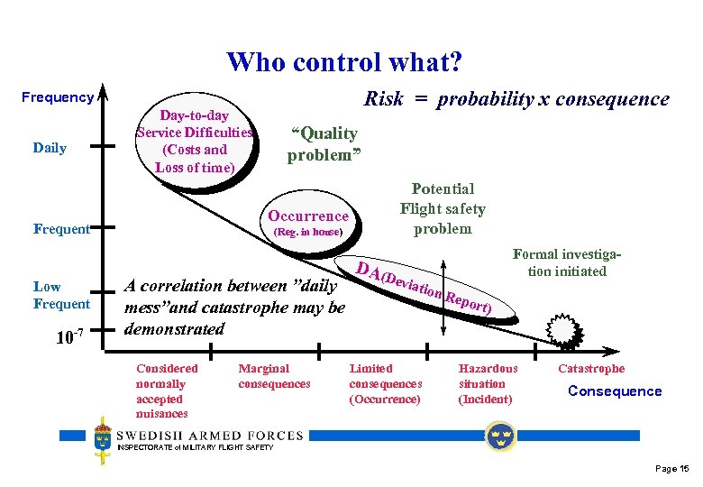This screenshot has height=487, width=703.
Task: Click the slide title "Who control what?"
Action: (345, 62)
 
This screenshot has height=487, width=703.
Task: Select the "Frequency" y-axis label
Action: (58, 97)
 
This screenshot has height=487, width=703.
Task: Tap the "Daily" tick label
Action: (50, 148)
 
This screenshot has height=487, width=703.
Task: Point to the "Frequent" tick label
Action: (61, 229)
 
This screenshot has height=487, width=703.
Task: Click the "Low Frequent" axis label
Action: (61, 295)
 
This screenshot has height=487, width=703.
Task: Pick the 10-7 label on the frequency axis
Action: (69, 338)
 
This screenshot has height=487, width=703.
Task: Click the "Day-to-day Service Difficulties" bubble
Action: (195, 142)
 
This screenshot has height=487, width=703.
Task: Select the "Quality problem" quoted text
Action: (324, 144)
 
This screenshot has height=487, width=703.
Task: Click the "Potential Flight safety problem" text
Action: (443, 208)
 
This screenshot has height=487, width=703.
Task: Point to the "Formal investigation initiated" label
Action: (567, 262)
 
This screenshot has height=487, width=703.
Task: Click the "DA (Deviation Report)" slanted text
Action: (424, 287)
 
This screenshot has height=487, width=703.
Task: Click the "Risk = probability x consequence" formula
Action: (516, 99)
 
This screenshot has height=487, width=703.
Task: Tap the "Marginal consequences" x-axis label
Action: (274, 376)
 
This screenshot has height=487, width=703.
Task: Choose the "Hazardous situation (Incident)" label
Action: (488, 383)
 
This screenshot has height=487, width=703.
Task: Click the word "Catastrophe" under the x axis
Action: (591, 368)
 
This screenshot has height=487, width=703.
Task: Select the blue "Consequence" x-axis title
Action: (614, 391)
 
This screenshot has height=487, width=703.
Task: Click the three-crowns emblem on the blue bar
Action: (498, 436)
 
